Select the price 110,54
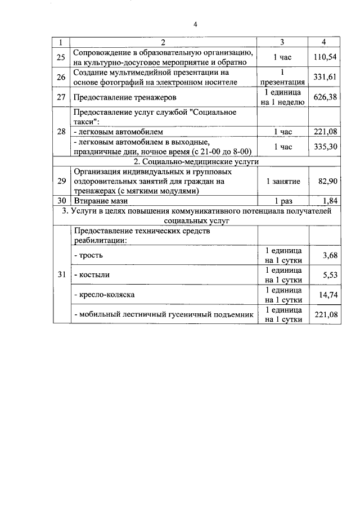(325, 57)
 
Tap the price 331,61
(325, 77)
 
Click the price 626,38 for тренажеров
(325, 97)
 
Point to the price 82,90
(327, 181)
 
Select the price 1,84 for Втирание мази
(330, 200)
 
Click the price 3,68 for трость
(330, 255)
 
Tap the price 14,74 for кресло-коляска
(327, 294)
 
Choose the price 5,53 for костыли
(330, 274)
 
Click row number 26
(61, 77)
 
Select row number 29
(61, 181)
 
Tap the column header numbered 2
(163, 43)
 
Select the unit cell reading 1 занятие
(283, 181)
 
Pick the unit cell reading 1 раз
(283, 201)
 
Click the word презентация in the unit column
(283, 82)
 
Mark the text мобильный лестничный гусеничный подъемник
(164, 314)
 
